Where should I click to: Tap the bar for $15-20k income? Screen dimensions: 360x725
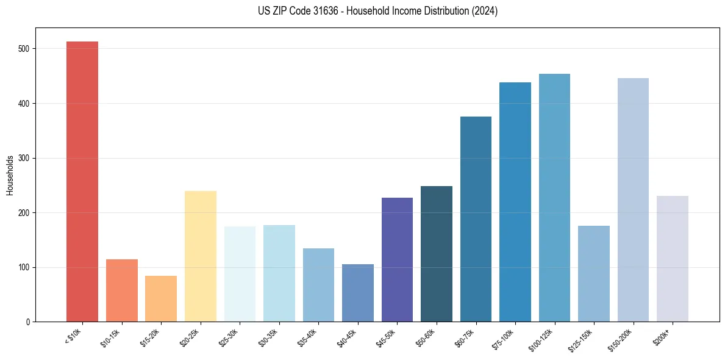point(161,299)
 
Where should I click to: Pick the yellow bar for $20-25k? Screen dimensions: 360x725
point(200,256)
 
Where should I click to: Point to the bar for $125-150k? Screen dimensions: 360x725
point(593,274)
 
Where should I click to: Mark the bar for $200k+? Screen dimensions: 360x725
point(672,259)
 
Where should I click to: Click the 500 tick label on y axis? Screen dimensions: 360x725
point(23,49)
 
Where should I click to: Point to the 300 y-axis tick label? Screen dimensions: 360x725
point(23,158)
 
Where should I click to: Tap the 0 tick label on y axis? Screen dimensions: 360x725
point(27,322)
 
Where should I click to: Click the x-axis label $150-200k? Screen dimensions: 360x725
point(621,339)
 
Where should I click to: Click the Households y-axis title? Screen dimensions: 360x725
point(10,175)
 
